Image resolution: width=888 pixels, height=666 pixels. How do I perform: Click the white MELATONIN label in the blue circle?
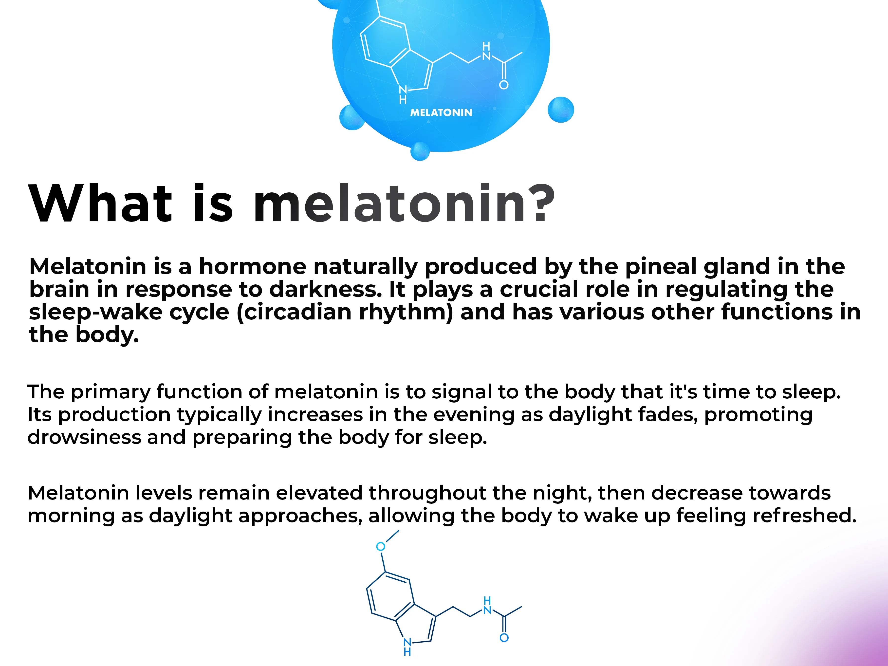(441, 112)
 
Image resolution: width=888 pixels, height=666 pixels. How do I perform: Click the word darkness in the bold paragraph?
(325, 289)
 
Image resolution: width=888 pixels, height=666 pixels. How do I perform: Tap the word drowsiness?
(84, 437)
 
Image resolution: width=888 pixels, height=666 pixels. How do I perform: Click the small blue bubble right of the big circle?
(561, 110)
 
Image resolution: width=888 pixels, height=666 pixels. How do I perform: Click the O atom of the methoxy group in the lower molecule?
(381, 546)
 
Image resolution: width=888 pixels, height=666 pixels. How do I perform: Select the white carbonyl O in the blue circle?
(504, 85)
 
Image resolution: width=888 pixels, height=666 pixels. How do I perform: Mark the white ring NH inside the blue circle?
(403, 95)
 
